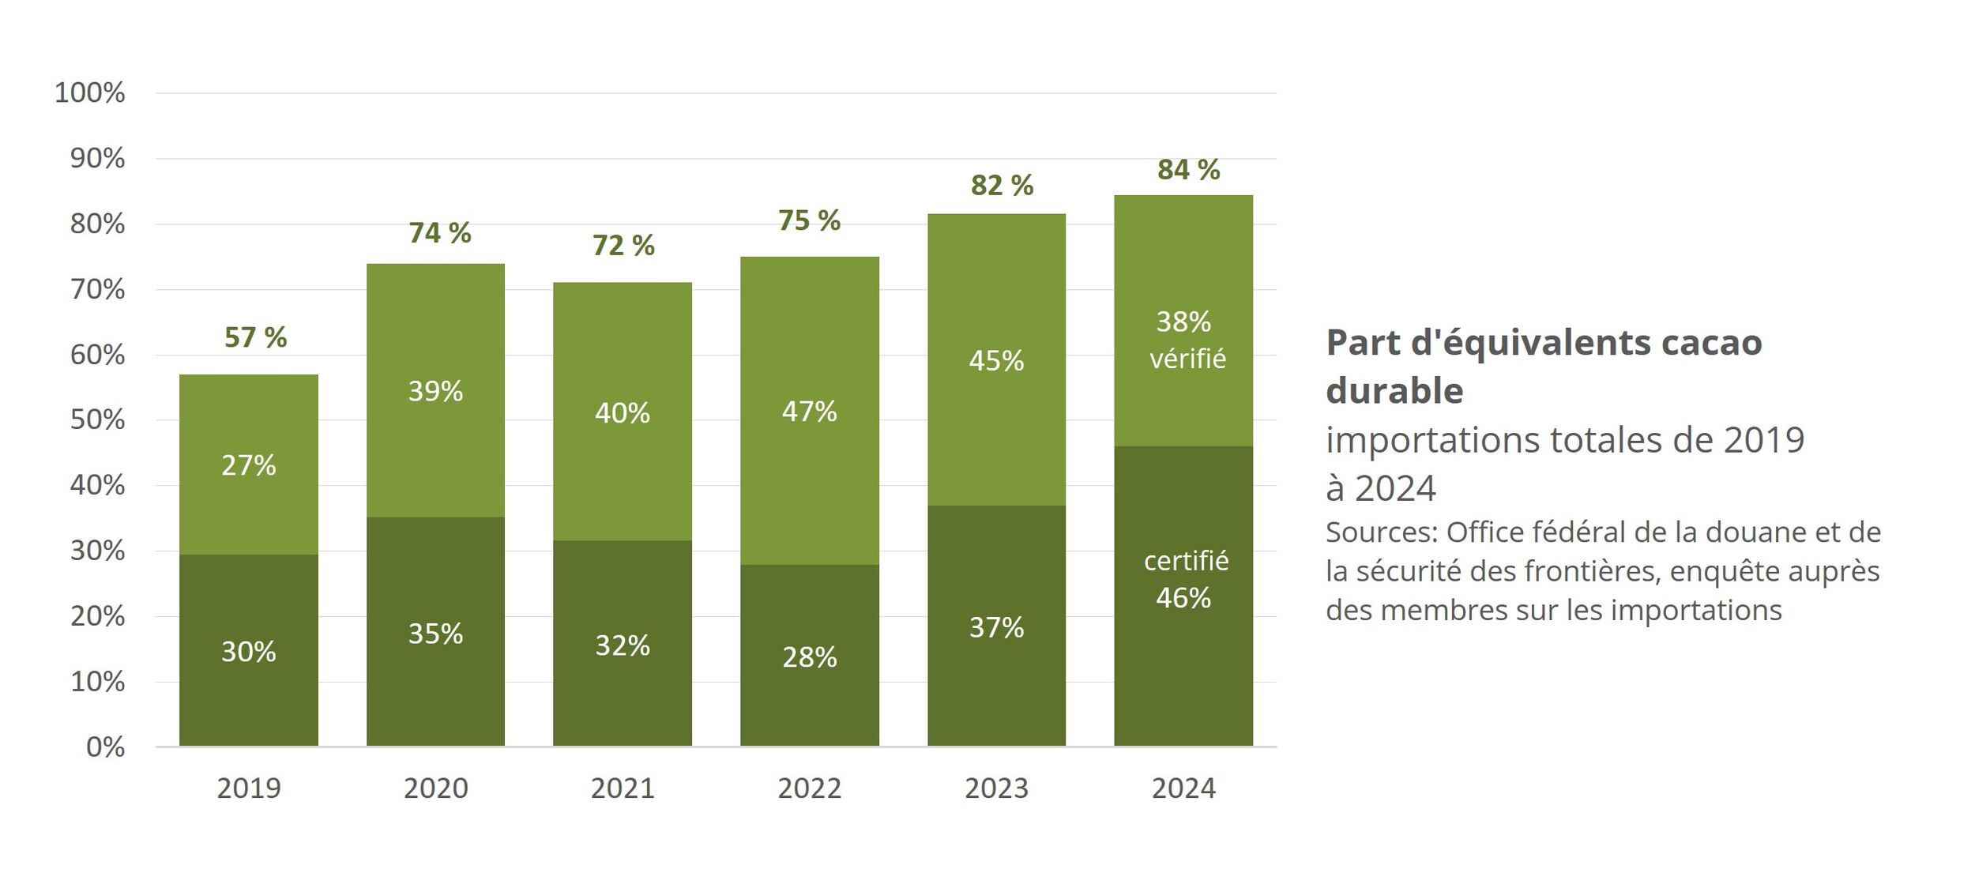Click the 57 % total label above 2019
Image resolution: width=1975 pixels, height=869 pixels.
pos(255,337)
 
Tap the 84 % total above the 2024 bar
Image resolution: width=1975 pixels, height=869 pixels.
pos(1188,170)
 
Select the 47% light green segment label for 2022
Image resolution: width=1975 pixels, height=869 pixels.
pos(809,412)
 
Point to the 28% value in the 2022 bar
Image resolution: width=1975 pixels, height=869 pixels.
pos(809,657)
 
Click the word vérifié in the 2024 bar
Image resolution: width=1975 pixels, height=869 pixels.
pos(1187,359)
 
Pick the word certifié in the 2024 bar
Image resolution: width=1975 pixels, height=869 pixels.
pos(1186,561)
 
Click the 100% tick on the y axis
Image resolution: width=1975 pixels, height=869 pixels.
pos(89,93)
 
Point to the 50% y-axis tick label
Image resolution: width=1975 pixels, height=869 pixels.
pos(97,420)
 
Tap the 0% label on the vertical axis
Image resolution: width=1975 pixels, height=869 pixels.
pos(105,747)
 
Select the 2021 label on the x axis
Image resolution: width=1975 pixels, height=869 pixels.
pos(623,788)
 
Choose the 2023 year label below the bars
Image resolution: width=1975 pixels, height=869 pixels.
pos(996,788)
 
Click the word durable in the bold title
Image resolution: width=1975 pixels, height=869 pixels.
pos(1394,391)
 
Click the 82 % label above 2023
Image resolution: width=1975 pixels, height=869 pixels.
pos(1002,186)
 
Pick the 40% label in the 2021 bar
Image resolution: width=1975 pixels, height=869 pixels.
pos(623,413)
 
